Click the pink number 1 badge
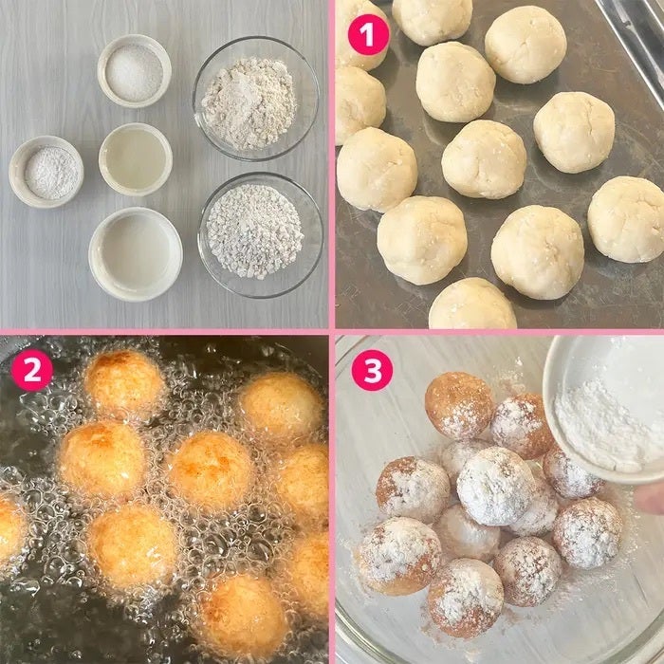pyautogui.click(x=368, y=35)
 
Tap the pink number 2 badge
pyautogui.click(x=32, y=370)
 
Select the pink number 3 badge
pyautogui.click(x=372, y=370)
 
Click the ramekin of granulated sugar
pyautogui.click(x=135, y=71)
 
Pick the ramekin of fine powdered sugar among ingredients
pyautogui.click(x=46, y=172)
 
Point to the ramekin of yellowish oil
pyautogui.click(x=136, y=159)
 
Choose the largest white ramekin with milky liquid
pyautogui.click(x=136, y=254)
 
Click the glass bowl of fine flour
pyautogui.click(x=256, y=99)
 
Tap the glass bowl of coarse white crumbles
pyautogui.click(x=261, y=234)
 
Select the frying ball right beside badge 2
pyautogui.click(x=123, y=384)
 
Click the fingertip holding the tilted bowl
pyautogui.click(x=650, y=498)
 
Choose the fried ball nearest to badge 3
pyautogui.click(x=458, y=405)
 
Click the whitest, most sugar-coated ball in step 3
pyautogui.click(x=495, y=486)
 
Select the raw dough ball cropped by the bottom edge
pyautogui.click(x=472, y=304)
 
